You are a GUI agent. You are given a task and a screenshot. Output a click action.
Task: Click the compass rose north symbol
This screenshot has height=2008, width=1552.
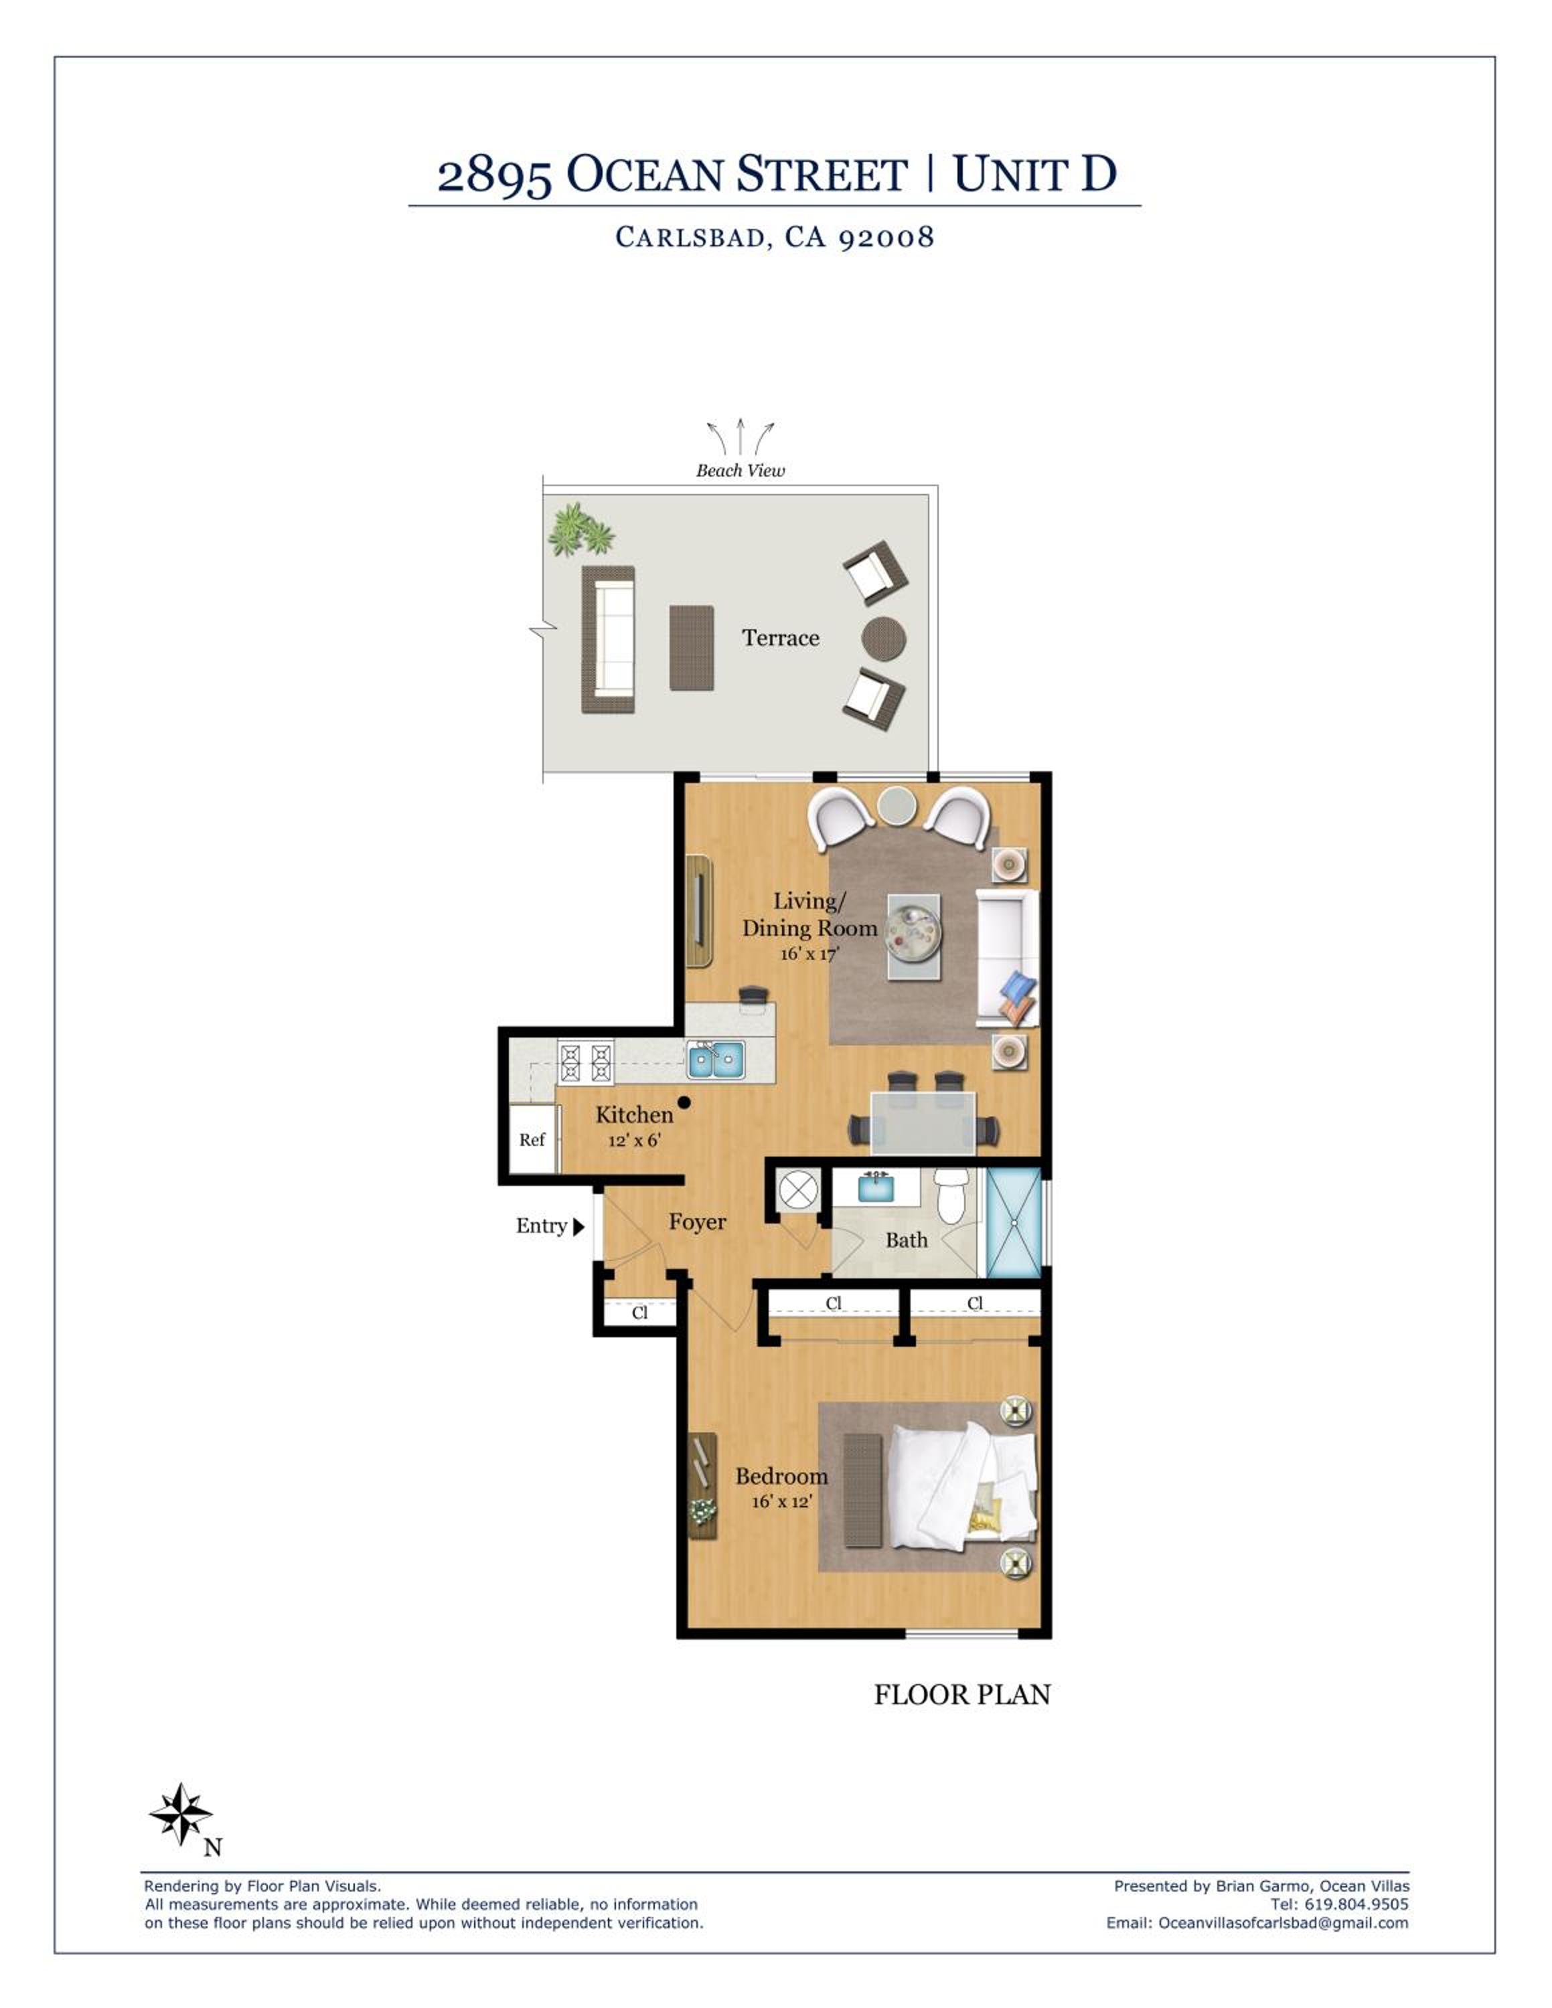tap(181, 1814)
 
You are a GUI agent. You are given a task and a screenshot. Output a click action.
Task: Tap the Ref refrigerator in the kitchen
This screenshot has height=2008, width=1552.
tap(532, 1139)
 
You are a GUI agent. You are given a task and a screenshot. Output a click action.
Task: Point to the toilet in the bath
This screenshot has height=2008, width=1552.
tap(950, 1195)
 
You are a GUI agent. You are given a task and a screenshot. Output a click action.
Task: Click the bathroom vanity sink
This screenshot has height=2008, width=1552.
tap(874, 1186)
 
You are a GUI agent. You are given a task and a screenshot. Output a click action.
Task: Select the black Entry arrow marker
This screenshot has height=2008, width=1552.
tap(578, 1226)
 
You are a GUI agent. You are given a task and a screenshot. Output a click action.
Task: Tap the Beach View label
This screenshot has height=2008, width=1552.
tap(740, 471)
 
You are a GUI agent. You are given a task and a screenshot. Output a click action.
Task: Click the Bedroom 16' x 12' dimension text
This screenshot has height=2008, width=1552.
tap(781, 1501)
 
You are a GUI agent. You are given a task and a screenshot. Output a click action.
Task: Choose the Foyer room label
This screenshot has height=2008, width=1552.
tap(697, 1222)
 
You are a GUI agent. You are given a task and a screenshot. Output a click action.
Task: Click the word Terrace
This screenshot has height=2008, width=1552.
tap(781, 638)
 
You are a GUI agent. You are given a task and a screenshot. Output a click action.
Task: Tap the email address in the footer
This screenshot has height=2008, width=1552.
tap(1284, 1922)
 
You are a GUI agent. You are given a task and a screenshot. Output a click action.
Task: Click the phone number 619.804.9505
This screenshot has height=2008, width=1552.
tap(1356, 1904)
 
